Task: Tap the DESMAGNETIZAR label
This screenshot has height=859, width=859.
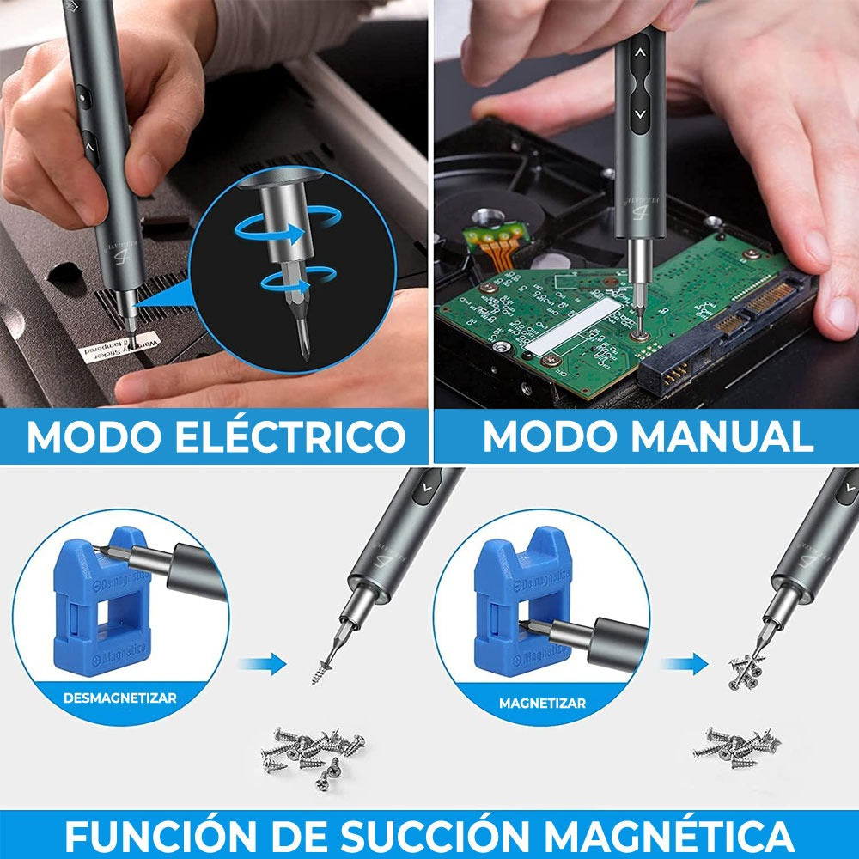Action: (x=119, y=698)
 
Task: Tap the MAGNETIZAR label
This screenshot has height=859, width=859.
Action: (x=542, y=703)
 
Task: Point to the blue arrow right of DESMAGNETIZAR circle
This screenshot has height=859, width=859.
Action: (x=262, y=663)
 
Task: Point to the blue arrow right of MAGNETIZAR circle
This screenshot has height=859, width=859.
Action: (x=685, y=663)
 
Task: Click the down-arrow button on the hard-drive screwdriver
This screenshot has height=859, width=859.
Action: (x=640, y=113)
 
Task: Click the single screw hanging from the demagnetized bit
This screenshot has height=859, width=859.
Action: (x=326, y=665)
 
